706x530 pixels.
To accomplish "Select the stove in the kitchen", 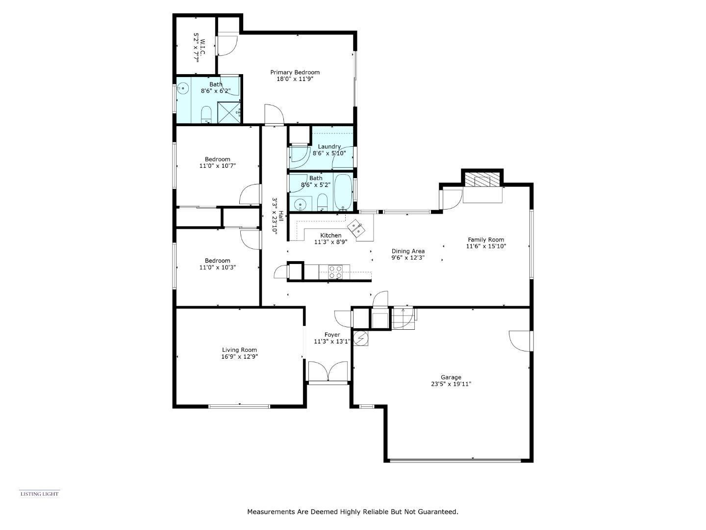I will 335,272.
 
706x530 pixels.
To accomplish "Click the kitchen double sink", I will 356,229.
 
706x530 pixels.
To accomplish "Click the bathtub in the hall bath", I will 343,191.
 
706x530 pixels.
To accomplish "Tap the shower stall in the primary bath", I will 229,112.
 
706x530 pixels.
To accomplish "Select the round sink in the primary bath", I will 183,89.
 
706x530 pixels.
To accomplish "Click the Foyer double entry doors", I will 328,371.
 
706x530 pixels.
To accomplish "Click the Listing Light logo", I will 39,494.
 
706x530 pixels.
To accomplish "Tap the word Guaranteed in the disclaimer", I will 438,512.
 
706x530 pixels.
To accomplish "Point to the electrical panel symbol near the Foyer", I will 361,339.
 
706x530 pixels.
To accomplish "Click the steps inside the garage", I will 402,318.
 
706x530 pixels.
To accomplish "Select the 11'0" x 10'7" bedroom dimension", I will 217,166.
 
